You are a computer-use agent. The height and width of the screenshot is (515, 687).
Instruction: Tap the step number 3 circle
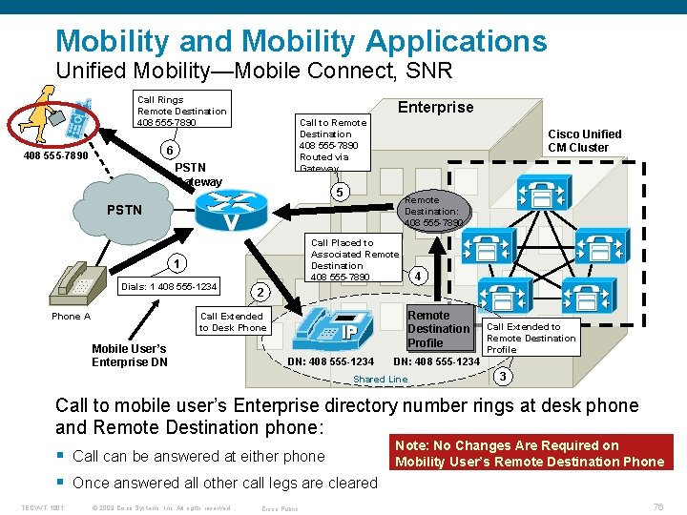tap(503, 376)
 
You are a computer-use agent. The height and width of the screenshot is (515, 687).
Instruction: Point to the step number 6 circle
tap(168, 152)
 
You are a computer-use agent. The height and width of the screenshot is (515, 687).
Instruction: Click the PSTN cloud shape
tap(124, 209)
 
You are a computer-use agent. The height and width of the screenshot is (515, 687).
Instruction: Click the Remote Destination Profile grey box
tap(438, 329)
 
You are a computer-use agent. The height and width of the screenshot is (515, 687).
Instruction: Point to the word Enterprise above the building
tap(435, 107)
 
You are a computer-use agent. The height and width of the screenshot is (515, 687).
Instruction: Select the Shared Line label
tap(380, 379)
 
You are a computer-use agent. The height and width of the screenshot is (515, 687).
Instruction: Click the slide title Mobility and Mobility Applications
tap(302, 41)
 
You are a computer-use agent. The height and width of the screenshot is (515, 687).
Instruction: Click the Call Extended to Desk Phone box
tap(232, 322)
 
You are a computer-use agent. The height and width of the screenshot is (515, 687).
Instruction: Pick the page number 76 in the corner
tap(656, 506)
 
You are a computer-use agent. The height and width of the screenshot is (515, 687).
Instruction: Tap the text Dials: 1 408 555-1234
tap(169, 287)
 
